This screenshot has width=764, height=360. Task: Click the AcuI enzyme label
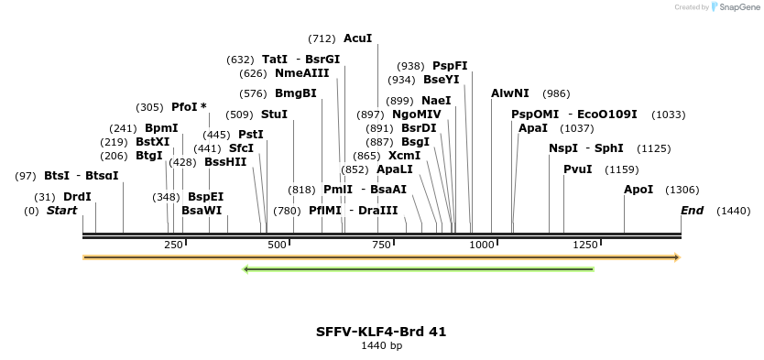point(357,38)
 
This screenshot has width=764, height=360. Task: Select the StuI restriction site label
point(274,115)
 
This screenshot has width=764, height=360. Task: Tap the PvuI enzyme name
point(578,169)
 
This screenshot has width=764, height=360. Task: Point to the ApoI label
point(638,190)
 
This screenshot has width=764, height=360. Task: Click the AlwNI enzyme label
point(509,93)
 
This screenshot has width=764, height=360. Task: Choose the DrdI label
point(77,197)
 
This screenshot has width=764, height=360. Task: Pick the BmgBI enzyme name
point(296,93)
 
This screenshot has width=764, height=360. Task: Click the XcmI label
point(404,156)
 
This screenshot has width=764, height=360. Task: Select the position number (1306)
point(682,190)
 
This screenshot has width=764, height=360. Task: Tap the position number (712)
point(322,39)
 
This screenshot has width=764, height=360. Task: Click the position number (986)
point(556,94)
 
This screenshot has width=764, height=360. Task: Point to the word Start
point(62,211)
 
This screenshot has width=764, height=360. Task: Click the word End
point(693,211)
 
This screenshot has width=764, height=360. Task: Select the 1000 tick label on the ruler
point(482,245)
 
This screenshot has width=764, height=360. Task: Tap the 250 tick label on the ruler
point(173,245)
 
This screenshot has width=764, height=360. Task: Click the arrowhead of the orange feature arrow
point(677,257)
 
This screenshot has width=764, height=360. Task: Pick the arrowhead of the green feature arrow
point(246,269)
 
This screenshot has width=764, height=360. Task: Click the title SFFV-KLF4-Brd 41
point(381,332)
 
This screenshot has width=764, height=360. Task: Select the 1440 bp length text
point(381,346)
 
